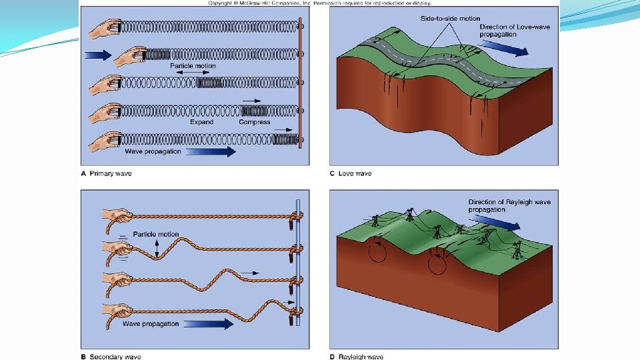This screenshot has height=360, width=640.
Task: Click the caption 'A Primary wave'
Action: click(x=106, y=173)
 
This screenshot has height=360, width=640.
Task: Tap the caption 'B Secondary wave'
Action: click(x=111, y=357)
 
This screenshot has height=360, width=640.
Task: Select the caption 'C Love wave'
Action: click(x=351, y=173)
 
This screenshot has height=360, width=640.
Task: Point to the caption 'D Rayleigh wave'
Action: click(x=357, y=357)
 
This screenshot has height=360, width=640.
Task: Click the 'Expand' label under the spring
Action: click(x=201, y=122)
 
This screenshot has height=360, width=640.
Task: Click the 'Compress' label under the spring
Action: click(x=254, y=122)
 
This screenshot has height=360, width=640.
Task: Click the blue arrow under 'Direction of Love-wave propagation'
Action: click(x=505, y=47)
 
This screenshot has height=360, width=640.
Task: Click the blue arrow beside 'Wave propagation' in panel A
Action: click(x=211, y=151)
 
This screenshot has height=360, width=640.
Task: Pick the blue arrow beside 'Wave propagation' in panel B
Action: click(x=208, y=324)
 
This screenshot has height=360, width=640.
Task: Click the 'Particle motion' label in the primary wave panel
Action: click(x=193, y=66)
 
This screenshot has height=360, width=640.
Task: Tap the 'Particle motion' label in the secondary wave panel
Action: click(x=156, y=234)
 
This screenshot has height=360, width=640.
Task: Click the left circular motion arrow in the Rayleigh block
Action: click(x=377, y=253)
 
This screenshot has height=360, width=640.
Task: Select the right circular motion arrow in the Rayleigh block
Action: click(x=437, y=261)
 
